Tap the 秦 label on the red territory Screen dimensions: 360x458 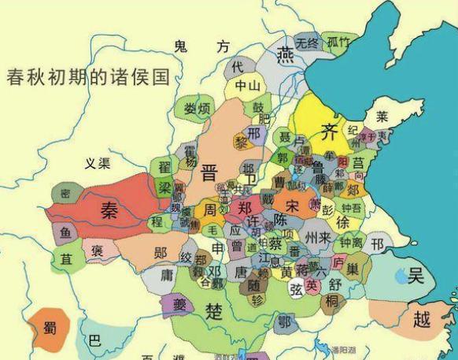pos(108,208)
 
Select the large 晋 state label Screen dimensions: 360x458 pos(210,173)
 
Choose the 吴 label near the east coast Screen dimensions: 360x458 pos(416,275)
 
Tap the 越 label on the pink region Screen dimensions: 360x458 pos(422,319)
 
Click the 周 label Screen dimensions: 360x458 pos(211,211)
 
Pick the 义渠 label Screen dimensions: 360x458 pos(98,164)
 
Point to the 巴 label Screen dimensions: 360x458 pos(94,341)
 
